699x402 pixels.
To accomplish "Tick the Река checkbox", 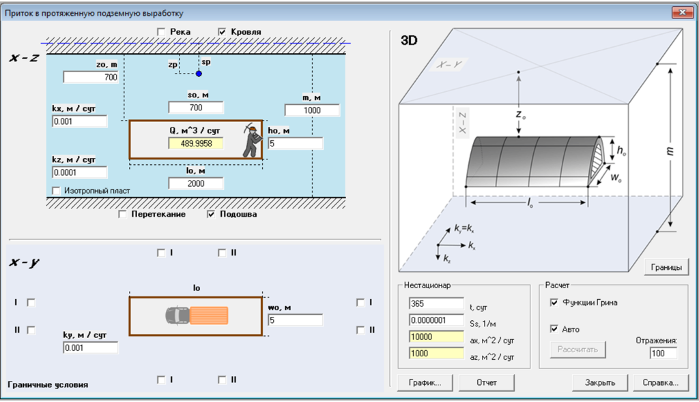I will click(x=161, y=31).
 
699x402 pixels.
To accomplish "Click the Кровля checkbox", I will click(x=222, y=31).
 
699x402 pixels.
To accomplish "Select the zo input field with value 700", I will click(x=91, y=77).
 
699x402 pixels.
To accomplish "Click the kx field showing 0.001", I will click(x=79, y=121).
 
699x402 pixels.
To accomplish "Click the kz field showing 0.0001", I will click(x=79, y=172).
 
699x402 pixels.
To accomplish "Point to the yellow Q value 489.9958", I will click(x=196, y=143).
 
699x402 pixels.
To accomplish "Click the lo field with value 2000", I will click(x=196, y=183).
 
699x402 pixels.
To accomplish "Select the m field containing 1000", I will click(x=312, y=110).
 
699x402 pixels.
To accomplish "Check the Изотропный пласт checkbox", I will click(x=56, y=191).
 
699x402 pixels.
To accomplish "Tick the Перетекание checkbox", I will click(x=123, y=214).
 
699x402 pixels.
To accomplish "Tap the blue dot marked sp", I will click(x=199, y=74).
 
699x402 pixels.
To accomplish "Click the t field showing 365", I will click(x=436, y=303).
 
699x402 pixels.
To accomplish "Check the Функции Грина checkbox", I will click(x=554, y=303).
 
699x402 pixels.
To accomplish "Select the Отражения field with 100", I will click(x=663, y=353).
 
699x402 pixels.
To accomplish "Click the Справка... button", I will click(x=660, y=382).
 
